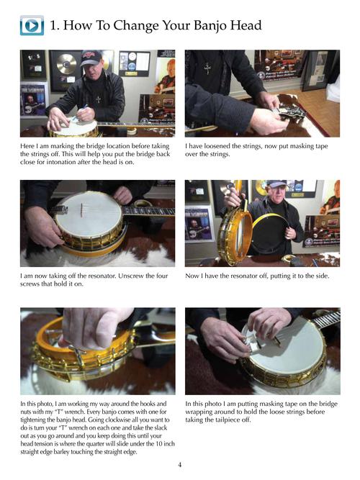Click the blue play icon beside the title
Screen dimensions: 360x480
pos(32,25)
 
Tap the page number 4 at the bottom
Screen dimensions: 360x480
pos(180,465)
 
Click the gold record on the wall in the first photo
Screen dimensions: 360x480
pos(66,64)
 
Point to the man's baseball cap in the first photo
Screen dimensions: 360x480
pos(91,58)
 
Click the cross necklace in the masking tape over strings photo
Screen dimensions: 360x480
pos(207,69)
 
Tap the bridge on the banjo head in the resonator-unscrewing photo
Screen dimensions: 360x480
pos(81,210)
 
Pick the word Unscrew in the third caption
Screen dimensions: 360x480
pos(132,276)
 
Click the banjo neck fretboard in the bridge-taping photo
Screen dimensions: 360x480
pos(327,319)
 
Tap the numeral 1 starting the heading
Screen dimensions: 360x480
pos(54,26)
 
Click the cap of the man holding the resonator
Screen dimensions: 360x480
pos(276,184)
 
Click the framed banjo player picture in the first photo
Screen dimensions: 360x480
pos(35,99)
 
